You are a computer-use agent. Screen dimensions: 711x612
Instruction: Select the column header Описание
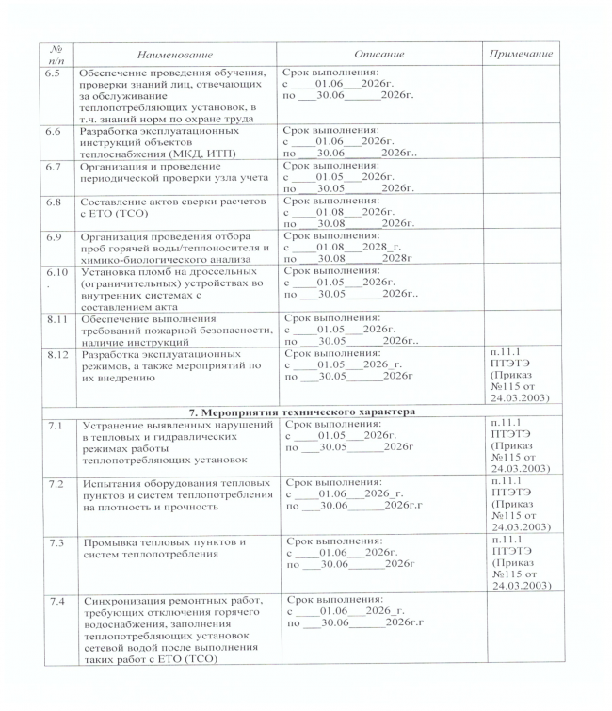(379, 57)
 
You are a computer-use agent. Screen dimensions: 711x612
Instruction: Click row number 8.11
(56, 320)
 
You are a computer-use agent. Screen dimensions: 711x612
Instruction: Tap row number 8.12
(56, 355)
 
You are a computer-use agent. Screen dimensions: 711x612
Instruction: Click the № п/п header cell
(56, 57)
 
